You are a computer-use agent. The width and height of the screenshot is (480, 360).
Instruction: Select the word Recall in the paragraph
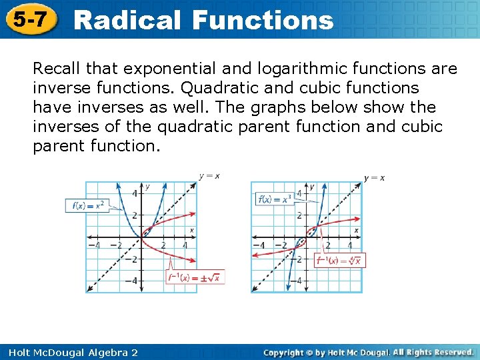(x=56, y=69)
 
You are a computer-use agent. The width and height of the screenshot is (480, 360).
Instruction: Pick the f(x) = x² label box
(x=88, y=205)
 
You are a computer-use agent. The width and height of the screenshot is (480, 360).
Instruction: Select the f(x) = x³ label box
(x=275, y=199)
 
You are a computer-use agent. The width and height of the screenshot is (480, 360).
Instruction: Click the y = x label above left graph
(x=209, y=176)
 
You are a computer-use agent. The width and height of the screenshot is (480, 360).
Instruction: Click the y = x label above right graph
(x=374, y=177)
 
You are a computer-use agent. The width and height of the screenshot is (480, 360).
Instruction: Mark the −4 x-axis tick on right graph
(x=261, y=245)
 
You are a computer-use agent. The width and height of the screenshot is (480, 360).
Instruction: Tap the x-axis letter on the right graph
(x=357, y=230)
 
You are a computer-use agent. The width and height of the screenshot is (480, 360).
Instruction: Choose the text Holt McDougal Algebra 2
(x=69, y=352)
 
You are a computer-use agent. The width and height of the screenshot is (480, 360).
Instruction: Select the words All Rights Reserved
(x=433, y=352)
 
